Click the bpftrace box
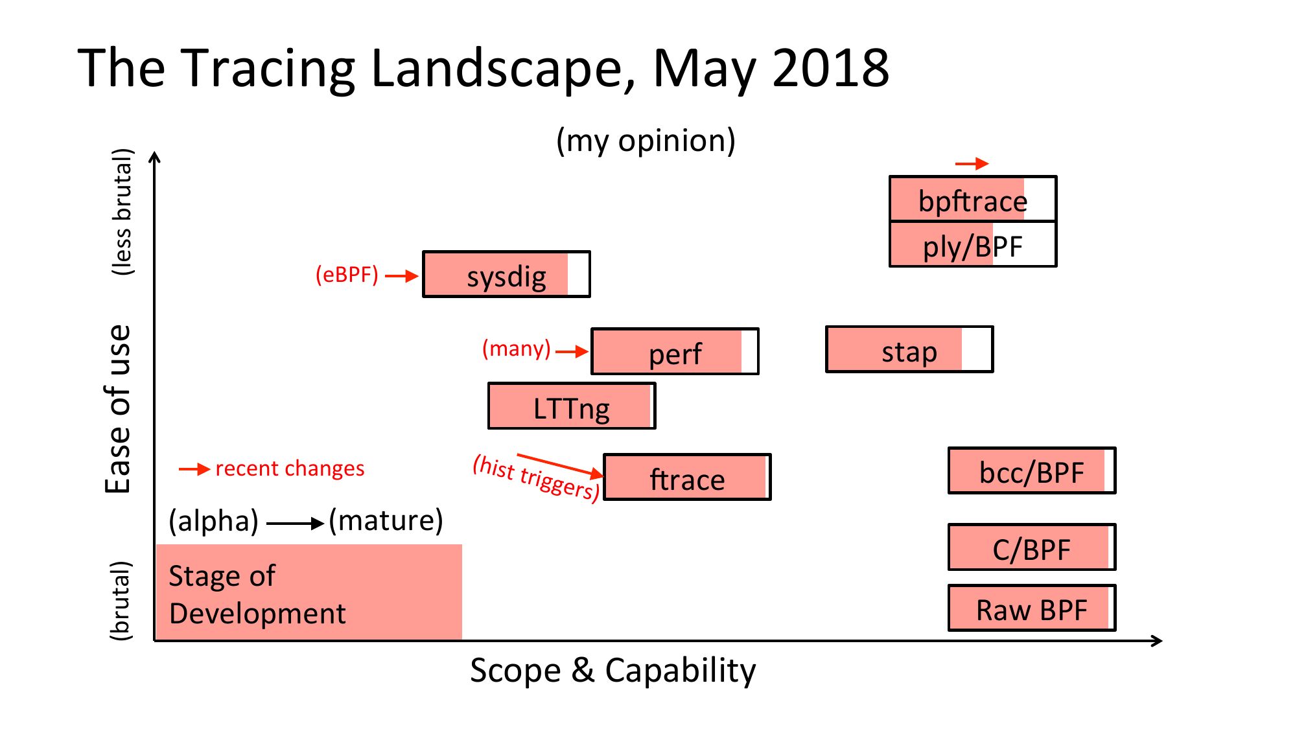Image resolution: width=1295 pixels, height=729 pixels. pyautogui.click(x=973, y=198)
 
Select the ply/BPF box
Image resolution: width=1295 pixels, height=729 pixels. pyautogui.click(x=973, y=244)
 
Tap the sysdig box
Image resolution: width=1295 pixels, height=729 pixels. pyautogui.click(x=506, y=274)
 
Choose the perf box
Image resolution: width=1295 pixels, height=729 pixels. pyautogui.click(x=675, y=351)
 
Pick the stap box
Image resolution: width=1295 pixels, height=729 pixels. pyautogui.click(x=909, y=349)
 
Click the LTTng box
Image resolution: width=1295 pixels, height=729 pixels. pyautogui.click(x=572, y=406)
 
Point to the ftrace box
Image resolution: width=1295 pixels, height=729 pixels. pyautogui.click(x=687, y=477)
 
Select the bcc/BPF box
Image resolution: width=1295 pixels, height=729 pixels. pyautogui.click(x=1032, y=470)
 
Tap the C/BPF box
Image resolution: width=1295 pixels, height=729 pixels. pyautogui.click(x=1032, y=547)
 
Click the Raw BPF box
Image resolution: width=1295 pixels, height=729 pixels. pyautogui.click(x=1032, y=608)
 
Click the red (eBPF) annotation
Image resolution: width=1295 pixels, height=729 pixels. pyautogui.click(x=347, y=275)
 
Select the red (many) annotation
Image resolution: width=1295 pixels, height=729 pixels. pyautogui.click(x=517, y=349)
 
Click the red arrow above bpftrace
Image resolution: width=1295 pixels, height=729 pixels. pyautogui.click(x=972, y=164)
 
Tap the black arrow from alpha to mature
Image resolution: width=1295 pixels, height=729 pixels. pyautogui.click(x=296, y=523)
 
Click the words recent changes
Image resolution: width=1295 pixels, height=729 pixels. pyautogui.click(x=290, y=468)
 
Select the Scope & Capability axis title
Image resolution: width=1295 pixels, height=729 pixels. pyautogui.click(x=612, y=671)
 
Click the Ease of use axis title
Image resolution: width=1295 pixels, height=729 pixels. pyautogui.click(x=119, y=409)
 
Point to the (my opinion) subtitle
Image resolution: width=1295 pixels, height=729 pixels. pyautogui.click(x=646, y=141)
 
